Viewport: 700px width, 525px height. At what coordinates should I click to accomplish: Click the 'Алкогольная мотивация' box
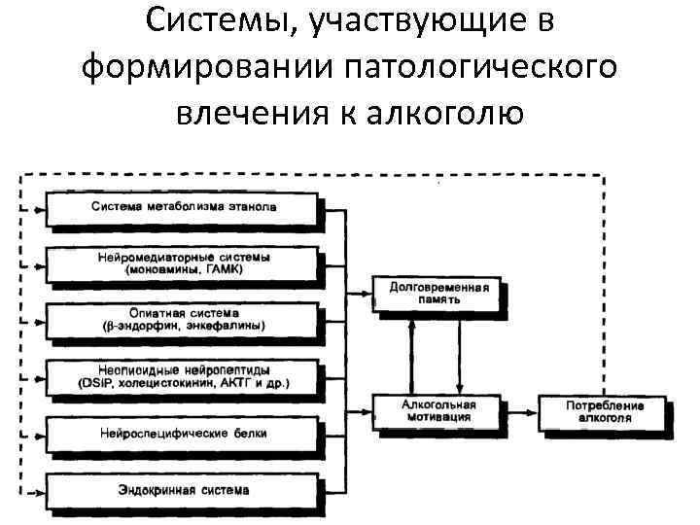(x=438, y=409)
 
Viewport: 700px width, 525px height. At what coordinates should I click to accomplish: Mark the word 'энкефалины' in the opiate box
(x=227, y=326)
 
